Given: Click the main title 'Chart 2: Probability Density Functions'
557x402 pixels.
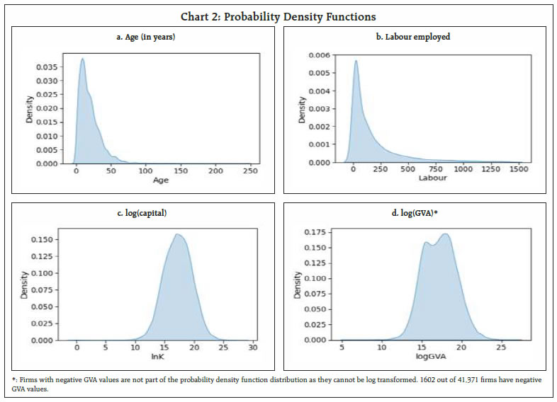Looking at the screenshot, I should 278,16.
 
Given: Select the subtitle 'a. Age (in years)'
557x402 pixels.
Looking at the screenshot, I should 145,37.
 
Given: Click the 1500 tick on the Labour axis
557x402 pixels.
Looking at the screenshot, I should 519,171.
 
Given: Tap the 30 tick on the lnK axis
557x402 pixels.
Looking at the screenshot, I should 254,348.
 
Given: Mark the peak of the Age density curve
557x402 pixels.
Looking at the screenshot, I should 83,59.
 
